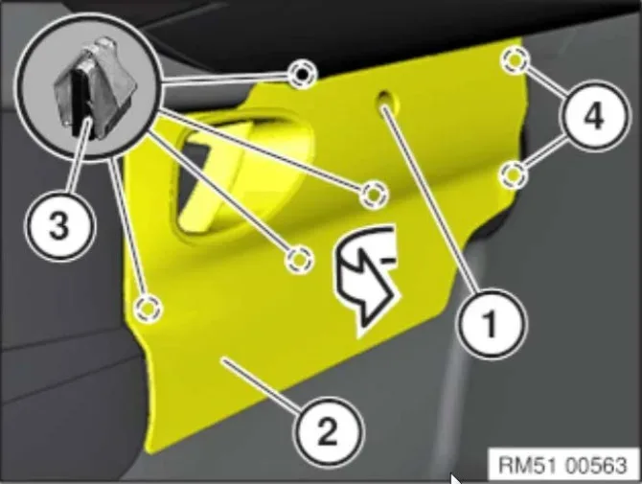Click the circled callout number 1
(491, 323)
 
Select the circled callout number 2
(328, 429)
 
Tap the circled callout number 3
(59, 225)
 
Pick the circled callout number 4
(593, 116)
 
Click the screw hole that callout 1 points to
(386, 99)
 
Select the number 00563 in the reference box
(596, 465)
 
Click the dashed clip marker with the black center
(302, 74)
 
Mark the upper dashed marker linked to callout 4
(515, 61)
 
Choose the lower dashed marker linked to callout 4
(514, 174)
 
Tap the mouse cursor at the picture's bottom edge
(456, 479)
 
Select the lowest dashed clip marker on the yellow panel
(149, 308)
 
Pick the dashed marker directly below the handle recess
(299, 260)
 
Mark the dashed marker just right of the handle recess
(373, 195)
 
